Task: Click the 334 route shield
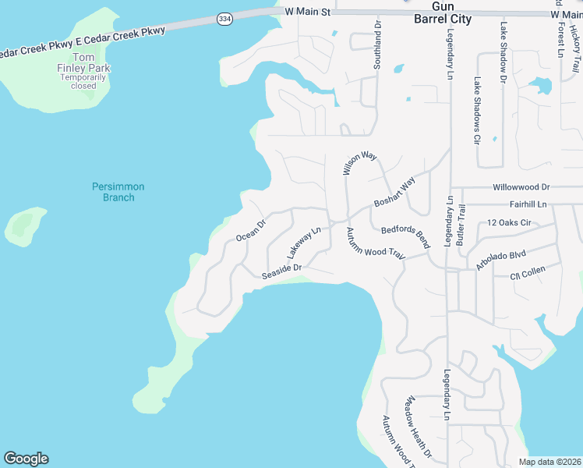[224, 18]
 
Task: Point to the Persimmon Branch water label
[118, 192]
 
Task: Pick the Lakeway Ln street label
[304, 243]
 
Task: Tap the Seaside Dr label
[281, 271]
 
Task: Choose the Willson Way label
[359, 164]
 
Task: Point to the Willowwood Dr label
[521, 188]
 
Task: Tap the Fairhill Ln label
[528, 204]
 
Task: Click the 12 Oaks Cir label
[508, 223]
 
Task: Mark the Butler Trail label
[461, 225]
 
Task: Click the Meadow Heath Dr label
[417, 427]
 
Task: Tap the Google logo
[26, 459]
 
